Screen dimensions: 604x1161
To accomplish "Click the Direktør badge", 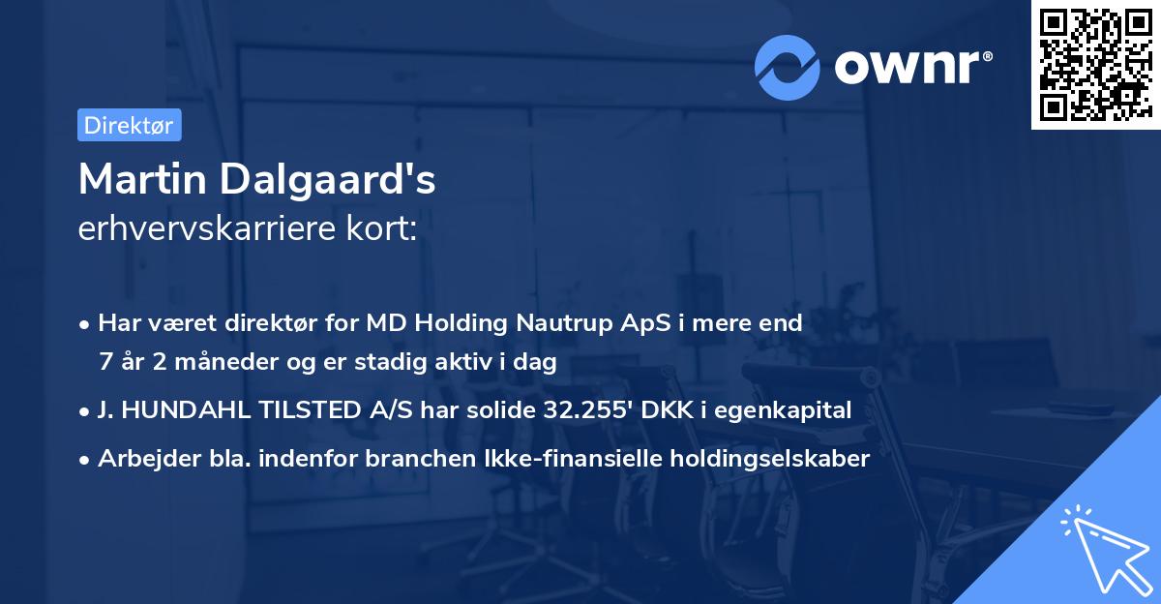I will pos(129,125).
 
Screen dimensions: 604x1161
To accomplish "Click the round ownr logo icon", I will pos(787,66).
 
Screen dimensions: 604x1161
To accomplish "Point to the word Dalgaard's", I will pos(341,180).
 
